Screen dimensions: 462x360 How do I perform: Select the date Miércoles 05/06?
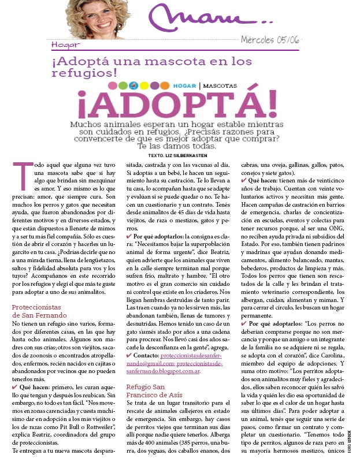pos(270,41)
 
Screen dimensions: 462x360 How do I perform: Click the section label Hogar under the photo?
pos(65,45)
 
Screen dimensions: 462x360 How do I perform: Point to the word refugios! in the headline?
pos(92,73)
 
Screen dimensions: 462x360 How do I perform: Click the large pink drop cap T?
pos(21,179)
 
